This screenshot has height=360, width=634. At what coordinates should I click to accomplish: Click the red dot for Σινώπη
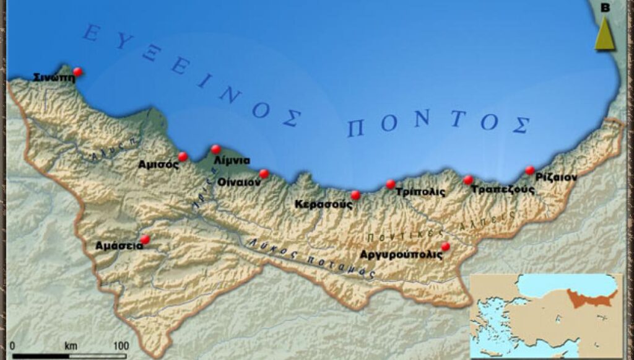click(77, 72)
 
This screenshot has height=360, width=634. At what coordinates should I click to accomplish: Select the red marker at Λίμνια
click(215, 149)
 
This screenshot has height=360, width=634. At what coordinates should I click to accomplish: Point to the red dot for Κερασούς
click(355, 195)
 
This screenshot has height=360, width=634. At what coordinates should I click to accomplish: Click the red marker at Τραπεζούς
click(468, 180)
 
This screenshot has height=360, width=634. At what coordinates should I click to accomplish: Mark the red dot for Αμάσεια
click(145, 239)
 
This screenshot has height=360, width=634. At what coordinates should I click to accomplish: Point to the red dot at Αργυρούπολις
click(445, 246)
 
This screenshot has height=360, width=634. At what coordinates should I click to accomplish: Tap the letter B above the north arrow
click(606, 7)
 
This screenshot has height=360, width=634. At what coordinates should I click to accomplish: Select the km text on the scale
click(71, 345)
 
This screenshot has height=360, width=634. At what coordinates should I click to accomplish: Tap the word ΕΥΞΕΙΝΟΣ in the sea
click(192, 74)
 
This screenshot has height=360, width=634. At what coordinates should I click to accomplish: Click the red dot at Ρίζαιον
click(530, 170)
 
